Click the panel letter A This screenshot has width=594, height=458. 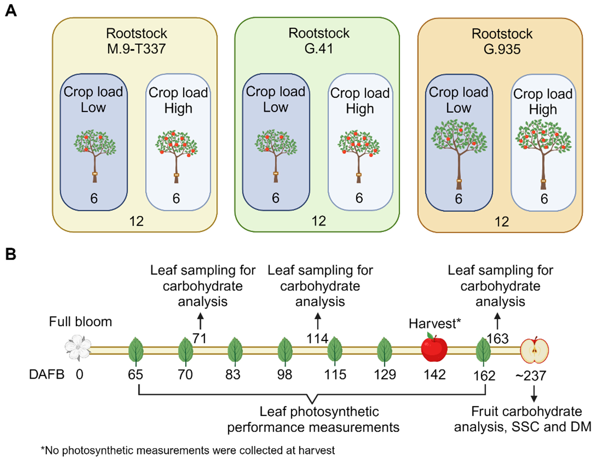[11, 11]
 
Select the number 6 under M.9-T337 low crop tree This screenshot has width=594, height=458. [94, 198]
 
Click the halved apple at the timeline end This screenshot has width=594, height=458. [534, 350]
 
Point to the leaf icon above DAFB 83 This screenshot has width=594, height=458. [235, 351]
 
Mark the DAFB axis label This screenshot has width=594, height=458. [46, 375]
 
